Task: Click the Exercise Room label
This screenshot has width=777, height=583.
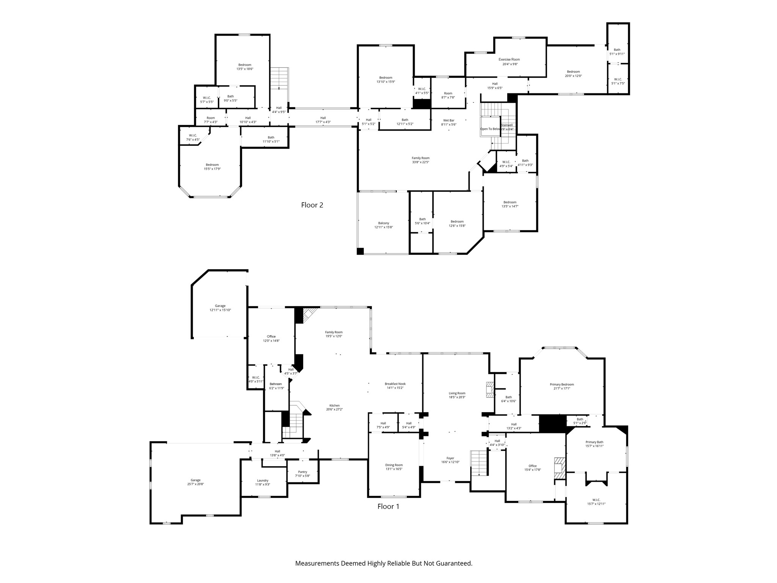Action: point(509,60)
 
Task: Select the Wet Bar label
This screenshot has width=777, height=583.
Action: point(448,120)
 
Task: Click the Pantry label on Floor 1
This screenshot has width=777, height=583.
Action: point(302,472)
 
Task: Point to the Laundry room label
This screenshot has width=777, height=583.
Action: point(263,480)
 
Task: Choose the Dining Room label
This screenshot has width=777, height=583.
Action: point(394,465)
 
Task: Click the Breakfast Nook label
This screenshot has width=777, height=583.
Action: point(395,384)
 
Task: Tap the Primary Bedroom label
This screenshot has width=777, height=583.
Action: point(562,384)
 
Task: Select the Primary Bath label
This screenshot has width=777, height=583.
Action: point(594,442)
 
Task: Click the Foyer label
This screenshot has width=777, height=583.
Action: point(450,458)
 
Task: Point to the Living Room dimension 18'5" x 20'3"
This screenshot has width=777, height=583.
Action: point(457,397)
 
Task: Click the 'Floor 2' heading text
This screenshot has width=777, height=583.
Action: point(312,205)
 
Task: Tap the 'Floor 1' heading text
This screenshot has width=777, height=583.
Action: point(388,506)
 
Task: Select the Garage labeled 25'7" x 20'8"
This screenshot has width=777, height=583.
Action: point(195,482)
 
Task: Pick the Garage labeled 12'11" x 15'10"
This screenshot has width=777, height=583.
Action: point(220,308)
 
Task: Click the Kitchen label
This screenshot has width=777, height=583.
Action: point(334,405)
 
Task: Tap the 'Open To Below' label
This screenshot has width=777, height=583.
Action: point(490,129)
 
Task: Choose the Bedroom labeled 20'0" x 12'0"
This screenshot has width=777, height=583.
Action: point(573,74)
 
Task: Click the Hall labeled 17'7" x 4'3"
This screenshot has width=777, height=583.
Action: point(323,120)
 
